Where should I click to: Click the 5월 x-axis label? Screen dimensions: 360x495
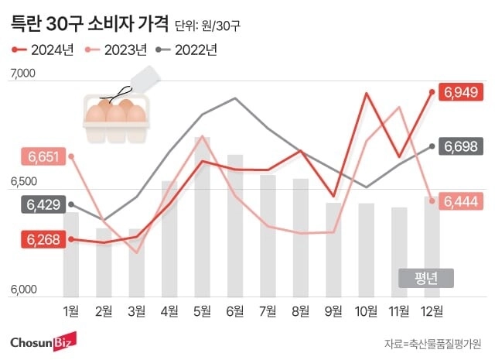pyautogui.click(x=202, y=311)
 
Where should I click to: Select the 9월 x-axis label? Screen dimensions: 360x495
pyautogui.click(x=333, y=311)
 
